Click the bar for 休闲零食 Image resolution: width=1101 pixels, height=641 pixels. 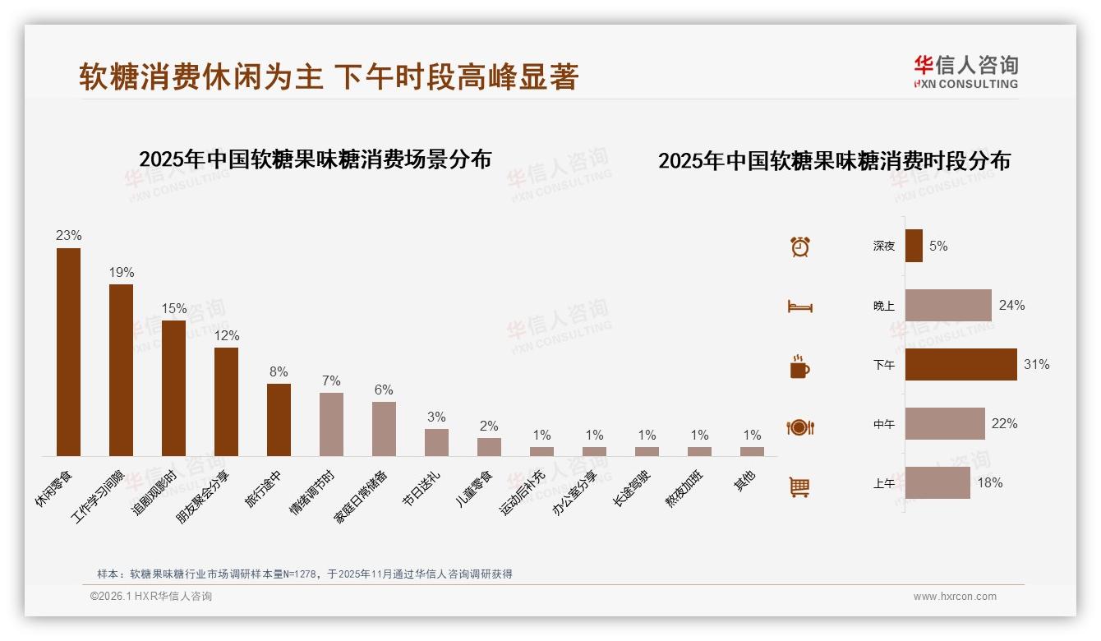tap(68, 352)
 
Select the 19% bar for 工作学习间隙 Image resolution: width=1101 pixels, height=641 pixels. tap(121, 370)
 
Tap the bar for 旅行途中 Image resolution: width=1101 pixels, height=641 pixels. tap(279, 419)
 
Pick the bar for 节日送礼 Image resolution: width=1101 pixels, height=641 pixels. tap(436, 442)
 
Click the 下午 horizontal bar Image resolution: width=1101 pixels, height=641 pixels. tap(960, 364)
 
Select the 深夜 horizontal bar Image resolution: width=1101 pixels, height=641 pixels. tap(914, 246)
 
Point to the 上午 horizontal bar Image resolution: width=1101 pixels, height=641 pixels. tap(937, 482)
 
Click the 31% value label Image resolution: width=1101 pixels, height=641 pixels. tap(1036, 364)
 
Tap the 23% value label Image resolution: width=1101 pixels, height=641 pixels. tap(68, 235)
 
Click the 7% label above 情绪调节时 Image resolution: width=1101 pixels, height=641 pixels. tap(331, 380)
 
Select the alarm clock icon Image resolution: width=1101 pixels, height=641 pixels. tap(799, 247)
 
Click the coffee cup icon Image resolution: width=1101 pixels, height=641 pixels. tap(799, 367)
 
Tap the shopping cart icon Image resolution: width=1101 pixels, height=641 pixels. tap(799, 487)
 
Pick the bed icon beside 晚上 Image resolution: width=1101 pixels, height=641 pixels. tap(799, 307)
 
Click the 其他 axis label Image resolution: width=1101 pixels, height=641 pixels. tap(744, 481)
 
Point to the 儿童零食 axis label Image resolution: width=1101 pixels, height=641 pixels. tap(475, 487)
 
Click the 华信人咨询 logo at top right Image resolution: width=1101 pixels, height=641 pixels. tap(965, 71)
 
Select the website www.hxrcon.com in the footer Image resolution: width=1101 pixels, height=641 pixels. tap(955, 597)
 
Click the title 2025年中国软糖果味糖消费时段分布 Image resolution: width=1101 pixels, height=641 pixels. tap(834, 160)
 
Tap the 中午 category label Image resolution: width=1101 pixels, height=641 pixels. tap(884, 424)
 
